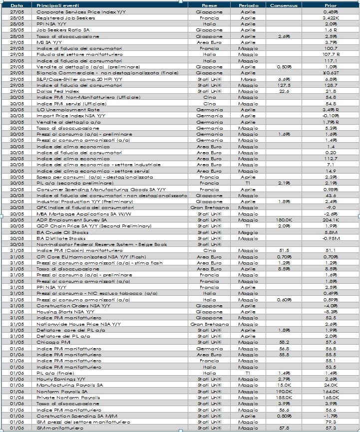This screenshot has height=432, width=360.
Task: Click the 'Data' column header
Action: (17, 5)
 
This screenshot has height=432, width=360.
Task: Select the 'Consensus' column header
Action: (284, 5)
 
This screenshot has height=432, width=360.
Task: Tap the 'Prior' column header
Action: (330, 5)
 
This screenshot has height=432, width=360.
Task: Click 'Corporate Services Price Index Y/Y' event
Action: (80, 11)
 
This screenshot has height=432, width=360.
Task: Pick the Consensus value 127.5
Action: (284, 85)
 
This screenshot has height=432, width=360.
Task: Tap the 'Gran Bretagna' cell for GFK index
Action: (210, 208)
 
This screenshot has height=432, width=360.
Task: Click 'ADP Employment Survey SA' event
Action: (71, 220)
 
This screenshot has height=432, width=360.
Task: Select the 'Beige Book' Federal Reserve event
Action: (101, 244)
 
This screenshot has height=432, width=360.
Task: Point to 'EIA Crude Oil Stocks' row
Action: (62, 232)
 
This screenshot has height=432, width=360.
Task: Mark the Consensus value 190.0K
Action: (284, 392)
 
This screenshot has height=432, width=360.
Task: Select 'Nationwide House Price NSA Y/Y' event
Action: (78, 324)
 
